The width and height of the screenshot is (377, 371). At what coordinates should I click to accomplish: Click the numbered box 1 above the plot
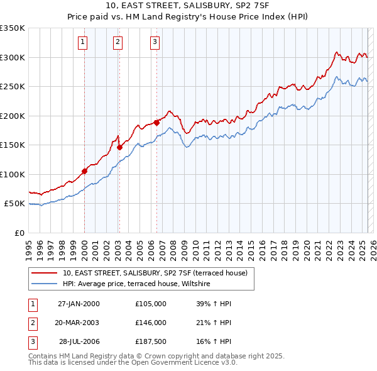(83, 43)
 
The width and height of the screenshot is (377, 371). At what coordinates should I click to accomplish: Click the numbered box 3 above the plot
(155, 43)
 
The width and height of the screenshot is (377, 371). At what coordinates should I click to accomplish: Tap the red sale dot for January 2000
(84, 171)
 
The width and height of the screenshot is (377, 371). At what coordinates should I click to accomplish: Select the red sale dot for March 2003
(119, 148)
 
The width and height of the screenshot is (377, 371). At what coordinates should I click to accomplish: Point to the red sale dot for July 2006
(156, 123)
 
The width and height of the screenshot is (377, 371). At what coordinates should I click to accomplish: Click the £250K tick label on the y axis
(13, 87)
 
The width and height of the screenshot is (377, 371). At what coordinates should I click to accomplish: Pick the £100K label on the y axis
(13, 174)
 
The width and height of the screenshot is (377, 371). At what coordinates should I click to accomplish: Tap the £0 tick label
(19, 233)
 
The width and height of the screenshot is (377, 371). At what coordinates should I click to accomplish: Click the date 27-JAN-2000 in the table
(79, 304)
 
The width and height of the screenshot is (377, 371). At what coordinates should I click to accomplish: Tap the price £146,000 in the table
(151, 323)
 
